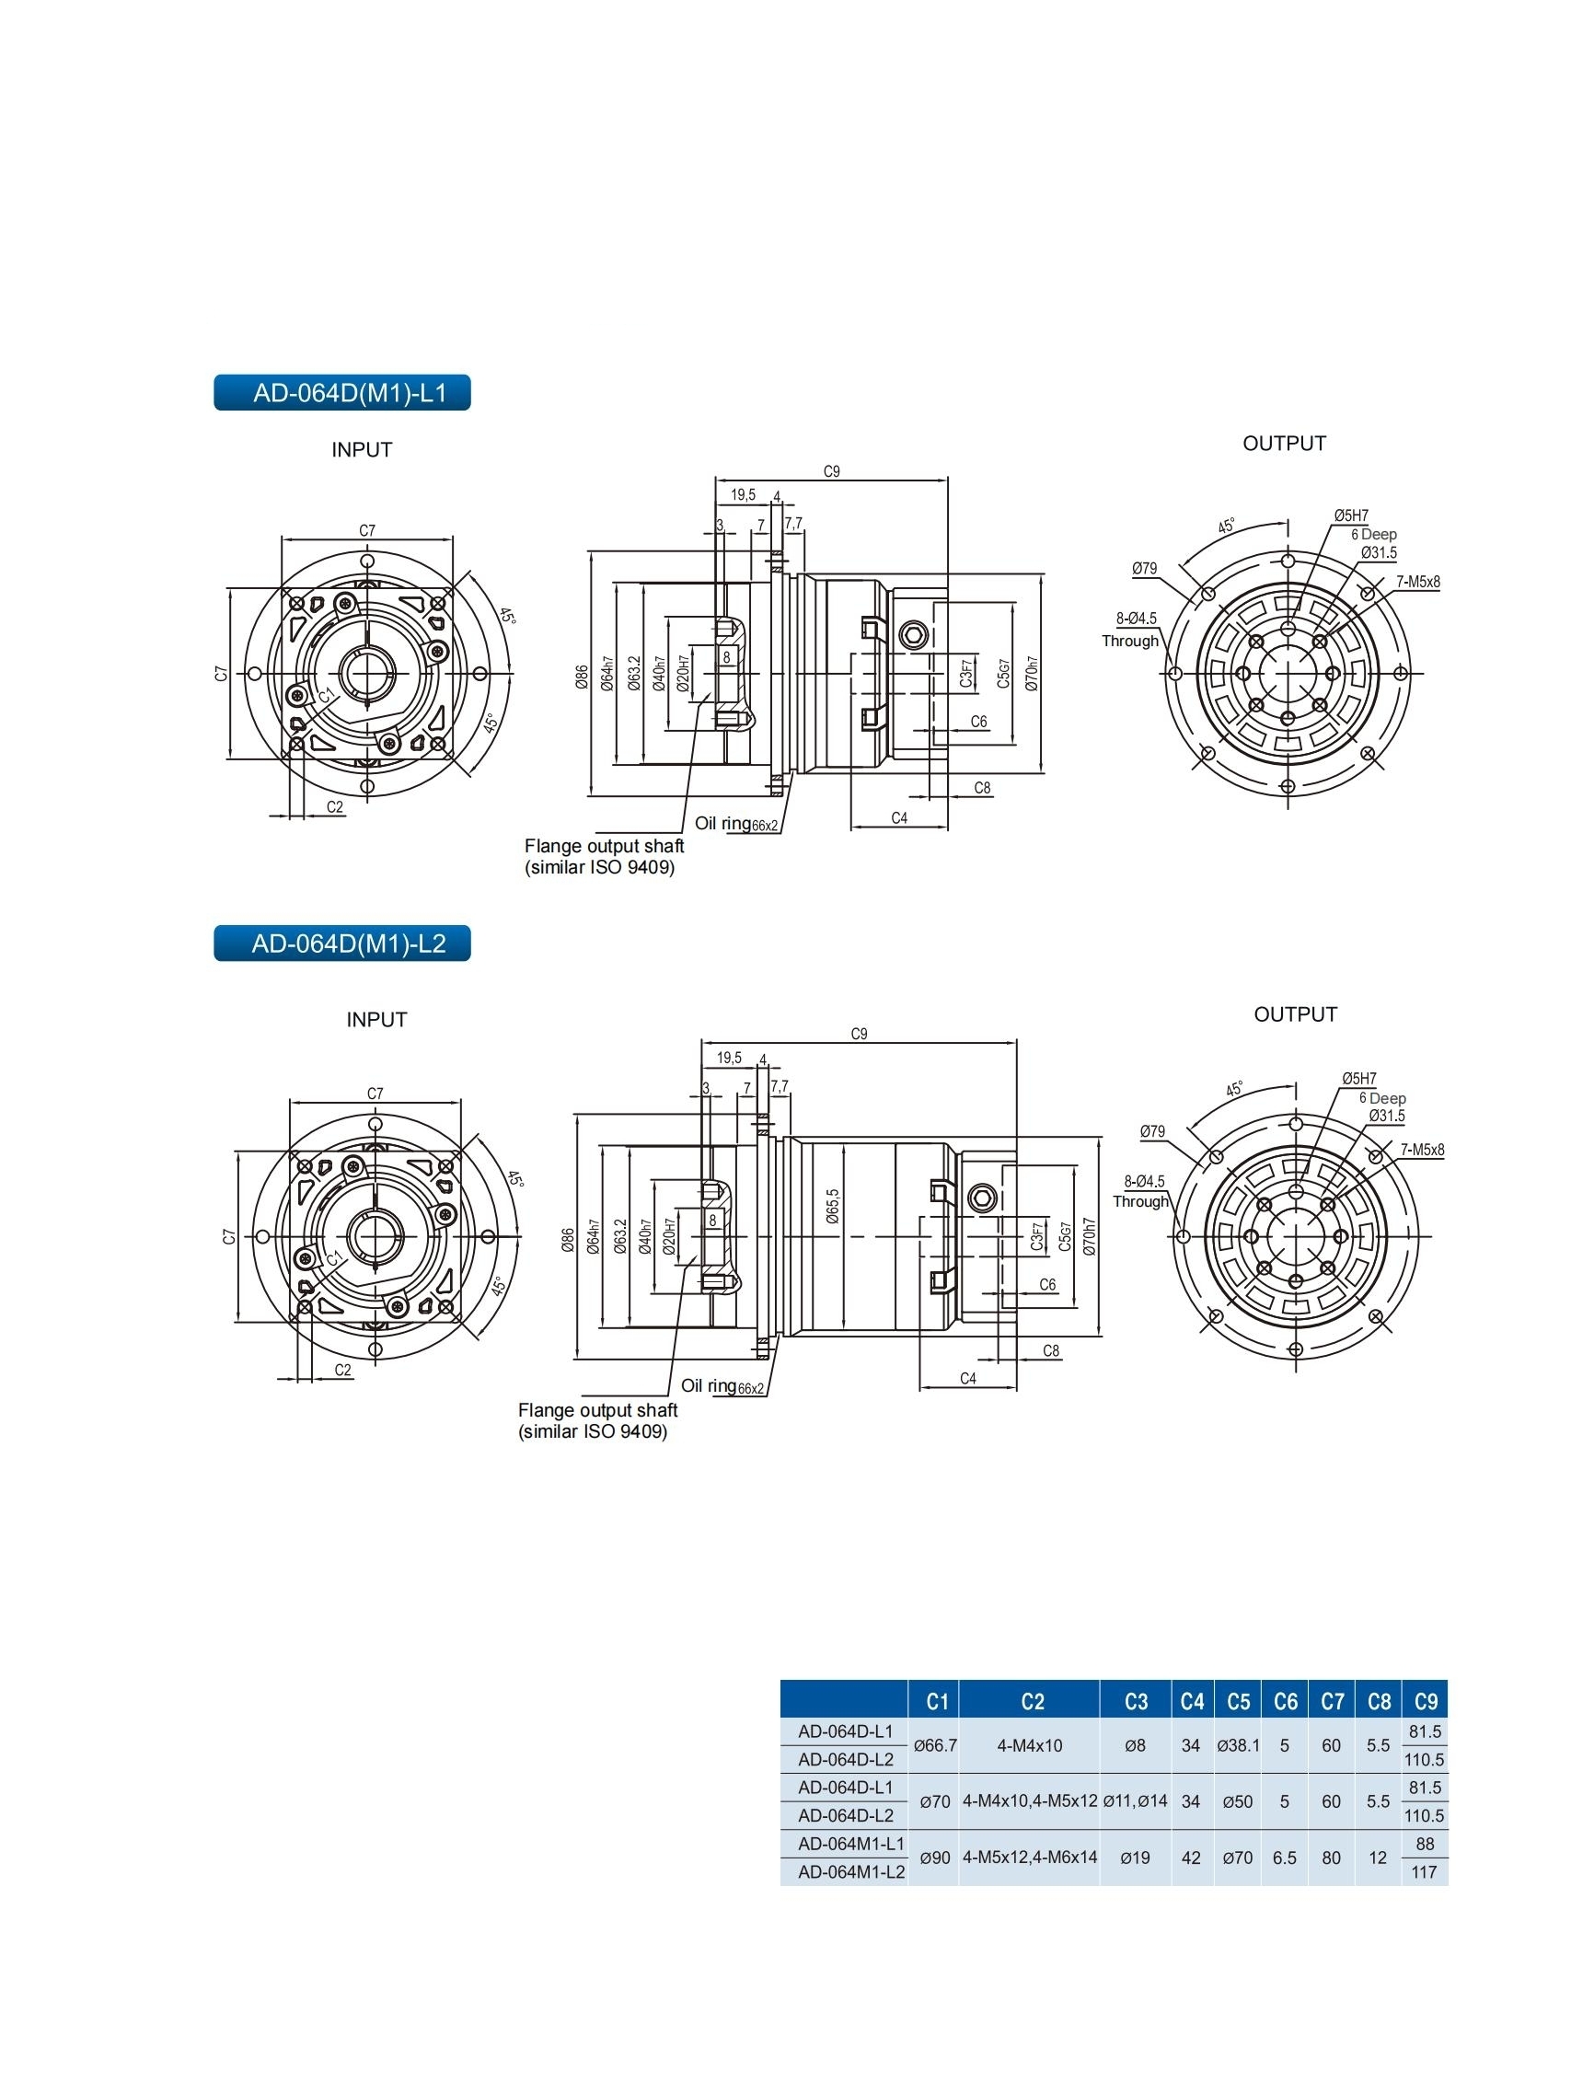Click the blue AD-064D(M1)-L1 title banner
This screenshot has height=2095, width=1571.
pos(341,393)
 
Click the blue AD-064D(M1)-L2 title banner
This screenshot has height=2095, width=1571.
pos(341,943)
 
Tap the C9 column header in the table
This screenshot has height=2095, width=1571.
pos(1426,1702)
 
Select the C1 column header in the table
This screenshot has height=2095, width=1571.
pos(937,1702)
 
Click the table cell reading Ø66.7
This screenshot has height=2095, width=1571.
pos(935,1744)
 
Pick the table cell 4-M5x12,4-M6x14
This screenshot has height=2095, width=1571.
pos(1029,1858)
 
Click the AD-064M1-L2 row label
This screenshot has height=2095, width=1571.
pos(851,1871)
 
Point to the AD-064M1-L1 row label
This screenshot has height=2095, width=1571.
pos(851,1843)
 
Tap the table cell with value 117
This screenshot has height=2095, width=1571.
pos(1425,1872)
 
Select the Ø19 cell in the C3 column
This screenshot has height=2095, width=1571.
pos(1135,1858)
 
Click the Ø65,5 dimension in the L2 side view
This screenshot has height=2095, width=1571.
pos(832,1207)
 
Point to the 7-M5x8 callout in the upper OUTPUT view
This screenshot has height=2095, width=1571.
pos(1417,583)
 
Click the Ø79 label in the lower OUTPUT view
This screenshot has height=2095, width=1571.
pos(1152,1131)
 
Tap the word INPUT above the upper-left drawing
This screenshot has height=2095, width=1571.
pos(362,450)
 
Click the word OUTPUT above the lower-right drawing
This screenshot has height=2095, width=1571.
pos(1296,1014)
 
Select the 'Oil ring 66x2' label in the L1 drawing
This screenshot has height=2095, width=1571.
pos(735,824)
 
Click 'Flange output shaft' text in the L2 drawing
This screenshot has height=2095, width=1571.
pos(597,1410)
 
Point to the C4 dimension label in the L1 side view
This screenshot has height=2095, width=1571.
pos(898,818)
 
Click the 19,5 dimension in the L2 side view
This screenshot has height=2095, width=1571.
pos(729,1058)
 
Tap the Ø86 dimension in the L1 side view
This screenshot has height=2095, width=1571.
pos(582,677)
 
